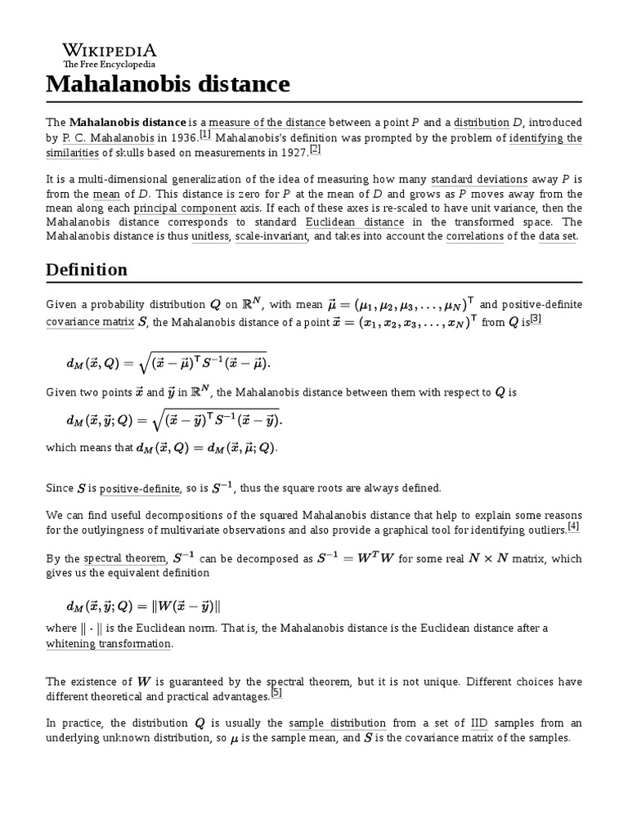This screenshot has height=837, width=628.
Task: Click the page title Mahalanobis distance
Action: point(168,83)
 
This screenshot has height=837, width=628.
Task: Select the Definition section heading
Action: point(87,270)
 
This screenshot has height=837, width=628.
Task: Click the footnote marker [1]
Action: point(204,135)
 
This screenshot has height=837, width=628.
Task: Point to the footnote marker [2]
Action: point(315,149)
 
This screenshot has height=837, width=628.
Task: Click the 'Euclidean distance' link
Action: point(355,222)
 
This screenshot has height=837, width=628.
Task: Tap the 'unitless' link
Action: point(210,236)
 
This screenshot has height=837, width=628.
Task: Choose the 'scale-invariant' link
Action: point(271,236)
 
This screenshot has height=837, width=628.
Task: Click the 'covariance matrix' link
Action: point(89,322)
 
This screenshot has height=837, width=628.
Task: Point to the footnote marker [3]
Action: point(536,318)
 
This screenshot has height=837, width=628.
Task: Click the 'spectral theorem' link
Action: point(126,559)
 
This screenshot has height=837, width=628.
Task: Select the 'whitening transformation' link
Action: point(109,643)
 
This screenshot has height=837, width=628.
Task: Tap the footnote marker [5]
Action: point(276,694)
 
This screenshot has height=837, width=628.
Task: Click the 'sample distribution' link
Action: point(337,723)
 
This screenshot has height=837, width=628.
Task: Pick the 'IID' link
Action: point(479,723)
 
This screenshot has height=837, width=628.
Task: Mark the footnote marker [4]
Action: point(573,526)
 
